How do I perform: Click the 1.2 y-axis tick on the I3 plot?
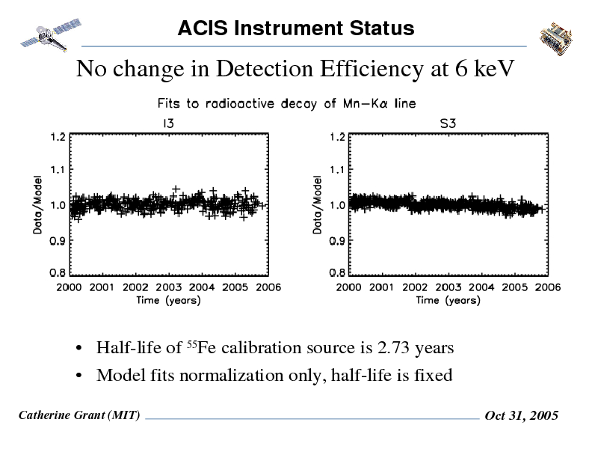click(x=58, y=137)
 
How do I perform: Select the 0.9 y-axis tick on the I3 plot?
click(x=58, y=241)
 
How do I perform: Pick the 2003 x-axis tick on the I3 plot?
click(x=169, y=287)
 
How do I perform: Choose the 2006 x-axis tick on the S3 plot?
click(x=547, y=287)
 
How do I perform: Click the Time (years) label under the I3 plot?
click(x=168, y=300)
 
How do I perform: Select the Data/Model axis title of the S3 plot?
click(x=318, y=206)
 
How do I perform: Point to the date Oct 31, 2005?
click(x=522, y=416)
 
